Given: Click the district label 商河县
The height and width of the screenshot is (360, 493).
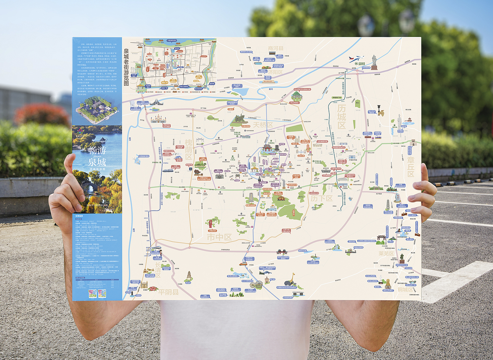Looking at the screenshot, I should pos(275,48).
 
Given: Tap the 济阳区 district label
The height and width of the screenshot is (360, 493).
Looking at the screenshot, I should pos(275,72).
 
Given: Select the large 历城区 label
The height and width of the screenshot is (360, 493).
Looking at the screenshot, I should pos(342,117).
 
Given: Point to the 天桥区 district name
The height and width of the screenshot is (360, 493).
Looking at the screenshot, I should pos(263,125).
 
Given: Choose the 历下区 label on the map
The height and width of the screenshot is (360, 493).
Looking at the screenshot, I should pos(322,198).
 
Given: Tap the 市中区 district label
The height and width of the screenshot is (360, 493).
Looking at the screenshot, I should pos(219,237).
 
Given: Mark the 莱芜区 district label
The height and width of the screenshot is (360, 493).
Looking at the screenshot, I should pos(386,253).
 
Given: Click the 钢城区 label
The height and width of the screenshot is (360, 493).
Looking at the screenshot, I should pos(405,290).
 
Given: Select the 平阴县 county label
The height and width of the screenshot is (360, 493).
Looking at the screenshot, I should pos(168,292).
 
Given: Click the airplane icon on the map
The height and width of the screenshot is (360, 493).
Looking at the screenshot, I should pos(356,59).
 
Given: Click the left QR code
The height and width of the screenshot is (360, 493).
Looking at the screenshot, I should pos(92,294).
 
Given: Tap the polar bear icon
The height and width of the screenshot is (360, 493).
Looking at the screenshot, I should pos(132,103).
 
